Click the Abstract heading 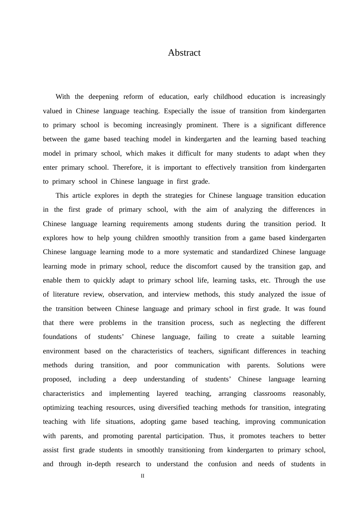[184, 53]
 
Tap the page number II [142, 476]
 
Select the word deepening [103, 97]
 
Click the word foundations [60, 337]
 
